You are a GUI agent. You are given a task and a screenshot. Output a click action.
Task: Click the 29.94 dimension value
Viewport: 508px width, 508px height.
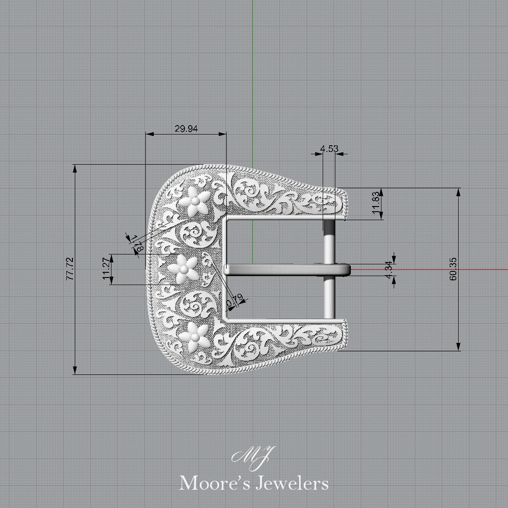(186, 128)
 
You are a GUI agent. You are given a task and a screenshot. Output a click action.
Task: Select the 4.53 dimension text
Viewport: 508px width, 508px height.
(329, 149)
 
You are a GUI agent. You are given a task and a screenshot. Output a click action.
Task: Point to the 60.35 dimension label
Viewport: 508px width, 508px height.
(453, 269)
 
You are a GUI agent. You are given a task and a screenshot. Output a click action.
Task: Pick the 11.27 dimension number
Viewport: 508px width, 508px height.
(106, 270)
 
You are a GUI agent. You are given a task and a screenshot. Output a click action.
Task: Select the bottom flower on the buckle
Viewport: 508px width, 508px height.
(194, 335)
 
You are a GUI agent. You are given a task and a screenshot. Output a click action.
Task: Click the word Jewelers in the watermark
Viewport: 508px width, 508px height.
(292, 483)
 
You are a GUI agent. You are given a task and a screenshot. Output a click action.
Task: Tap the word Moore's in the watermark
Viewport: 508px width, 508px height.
(214, 483)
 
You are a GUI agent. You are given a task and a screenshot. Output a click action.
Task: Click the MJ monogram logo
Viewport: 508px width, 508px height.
(254, 455)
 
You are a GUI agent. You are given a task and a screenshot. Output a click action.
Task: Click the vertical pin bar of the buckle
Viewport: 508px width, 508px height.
(329, 292)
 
